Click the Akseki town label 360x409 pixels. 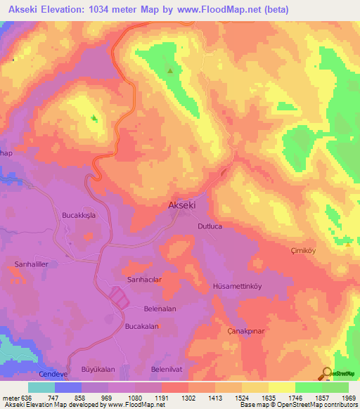182,206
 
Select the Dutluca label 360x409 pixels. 211,226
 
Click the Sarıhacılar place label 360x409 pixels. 145,279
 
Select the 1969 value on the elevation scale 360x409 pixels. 349,397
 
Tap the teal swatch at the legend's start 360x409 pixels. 41,387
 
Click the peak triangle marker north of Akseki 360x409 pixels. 170,70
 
